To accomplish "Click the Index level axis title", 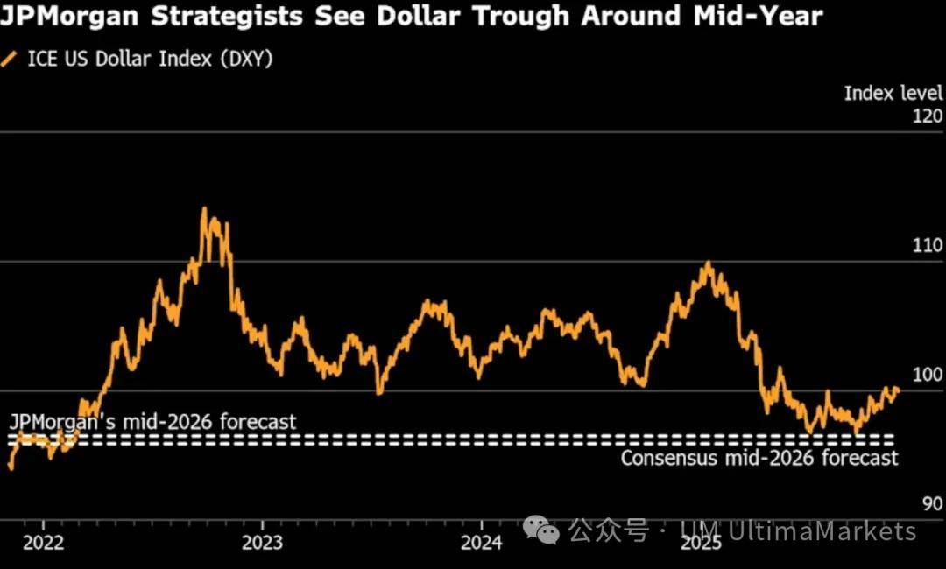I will click(x=893, y=93).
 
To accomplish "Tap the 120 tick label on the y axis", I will click(x=928, y=116).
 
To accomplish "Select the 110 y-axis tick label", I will click(x=928, y=246).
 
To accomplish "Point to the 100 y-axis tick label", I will click(x=928, y=375).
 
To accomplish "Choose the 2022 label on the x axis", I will click(x=43, y=543).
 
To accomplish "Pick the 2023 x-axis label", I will click(x=262, y=543).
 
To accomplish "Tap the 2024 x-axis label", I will click(x=481, y=543).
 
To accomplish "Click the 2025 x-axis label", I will click(x=701, y=543).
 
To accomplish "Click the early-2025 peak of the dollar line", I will click(x=708, y=263).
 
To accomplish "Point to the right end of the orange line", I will click(x=898, y=390).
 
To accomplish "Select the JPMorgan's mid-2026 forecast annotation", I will click(x=152, y=422).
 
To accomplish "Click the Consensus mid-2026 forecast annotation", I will click(x=759, y=458).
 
